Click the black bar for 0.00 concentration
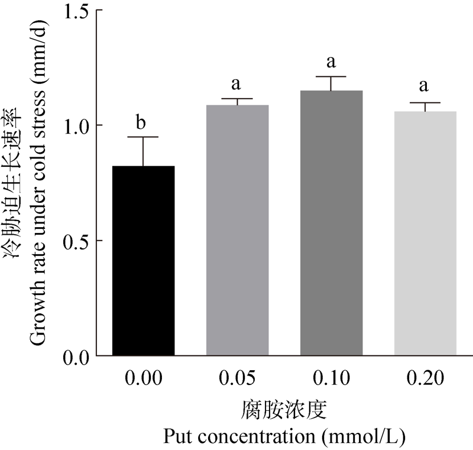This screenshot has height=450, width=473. [x=143, y=261]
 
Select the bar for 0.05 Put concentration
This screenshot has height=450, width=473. [x=237, y=230]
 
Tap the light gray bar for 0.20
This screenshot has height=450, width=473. [x=425, y=233]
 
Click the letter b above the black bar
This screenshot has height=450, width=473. [x=141, y=122]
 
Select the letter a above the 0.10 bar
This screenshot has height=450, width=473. [x=331, y=62]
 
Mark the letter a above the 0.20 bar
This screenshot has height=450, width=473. [x=424, y=86]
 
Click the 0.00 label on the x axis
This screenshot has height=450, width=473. [x=143, y=377]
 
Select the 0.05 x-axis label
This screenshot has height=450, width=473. [x=237, y=377]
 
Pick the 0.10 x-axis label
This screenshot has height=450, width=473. [x=331, y=377]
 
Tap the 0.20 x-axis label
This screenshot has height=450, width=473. [x=425, y=377]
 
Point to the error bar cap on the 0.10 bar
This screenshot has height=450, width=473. [x=331, y=77]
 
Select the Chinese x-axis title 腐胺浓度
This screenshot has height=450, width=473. [x=284, y=410]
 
